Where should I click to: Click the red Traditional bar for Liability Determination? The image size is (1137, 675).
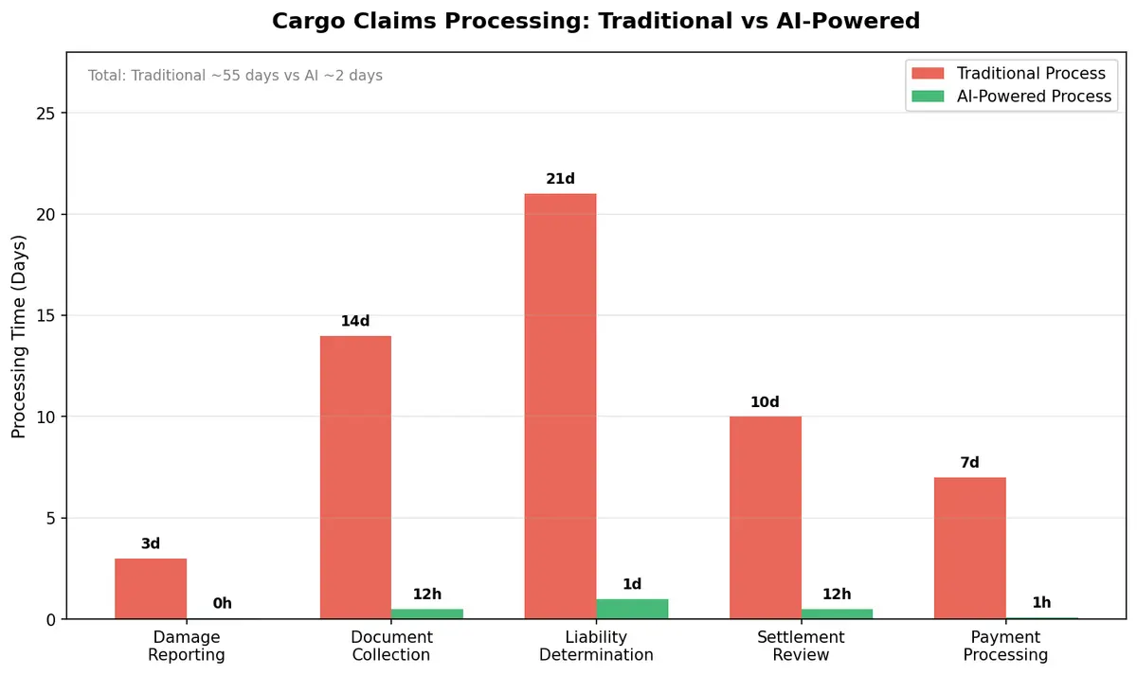coord(560,407)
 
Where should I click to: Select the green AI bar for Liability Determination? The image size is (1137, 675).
coord(632,609)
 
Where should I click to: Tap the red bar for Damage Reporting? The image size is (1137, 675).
coord(151,589)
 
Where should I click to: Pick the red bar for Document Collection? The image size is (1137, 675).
coord(355,478)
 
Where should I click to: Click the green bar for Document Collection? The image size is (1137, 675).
coord(427,613)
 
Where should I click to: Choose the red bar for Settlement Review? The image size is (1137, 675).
coord(765,518)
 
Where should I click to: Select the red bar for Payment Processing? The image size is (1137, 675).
coord(969,548)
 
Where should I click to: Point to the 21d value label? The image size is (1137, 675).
coord(560,179)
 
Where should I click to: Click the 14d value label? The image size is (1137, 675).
coord(355,321)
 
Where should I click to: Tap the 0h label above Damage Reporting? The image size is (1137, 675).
coord(222,603)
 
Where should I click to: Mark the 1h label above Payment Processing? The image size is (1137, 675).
coord(1041,602)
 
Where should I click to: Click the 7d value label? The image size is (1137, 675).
coord(969,463)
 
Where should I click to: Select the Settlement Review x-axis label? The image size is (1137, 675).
coord(801,646)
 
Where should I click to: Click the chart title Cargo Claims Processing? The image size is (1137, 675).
coord(595,21)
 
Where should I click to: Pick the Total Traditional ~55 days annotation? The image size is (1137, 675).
coord(235,76)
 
